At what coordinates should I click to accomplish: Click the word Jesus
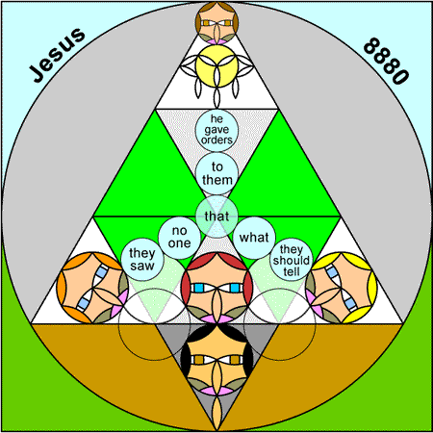57,55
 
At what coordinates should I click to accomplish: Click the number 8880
386,61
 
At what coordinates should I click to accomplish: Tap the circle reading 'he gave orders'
216,130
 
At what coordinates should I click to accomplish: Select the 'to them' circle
216,173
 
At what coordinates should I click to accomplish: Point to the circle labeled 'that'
216,216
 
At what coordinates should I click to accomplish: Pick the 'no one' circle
179,238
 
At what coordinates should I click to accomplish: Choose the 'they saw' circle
142,260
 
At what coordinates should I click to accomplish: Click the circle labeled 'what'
254,238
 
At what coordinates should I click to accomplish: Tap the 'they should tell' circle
292,260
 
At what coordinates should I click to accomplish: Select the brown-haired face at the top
216,23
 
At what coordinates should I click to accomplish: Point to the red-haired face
216,288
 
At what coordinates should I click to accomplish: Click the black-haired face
216,359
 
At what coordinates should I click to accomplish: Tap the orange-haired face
92,288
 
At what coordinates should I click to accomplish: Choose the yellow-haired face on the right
342,288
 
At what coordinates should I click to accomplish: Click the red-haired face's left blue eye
199,288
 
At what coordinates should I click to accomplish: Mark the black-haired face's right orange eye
235,360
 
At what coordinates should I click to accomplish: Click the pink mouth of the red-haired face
216,318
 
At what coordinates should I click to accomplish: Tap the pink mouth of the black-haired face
216,391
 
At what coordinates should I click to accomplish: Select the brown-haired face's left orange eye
206,23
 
